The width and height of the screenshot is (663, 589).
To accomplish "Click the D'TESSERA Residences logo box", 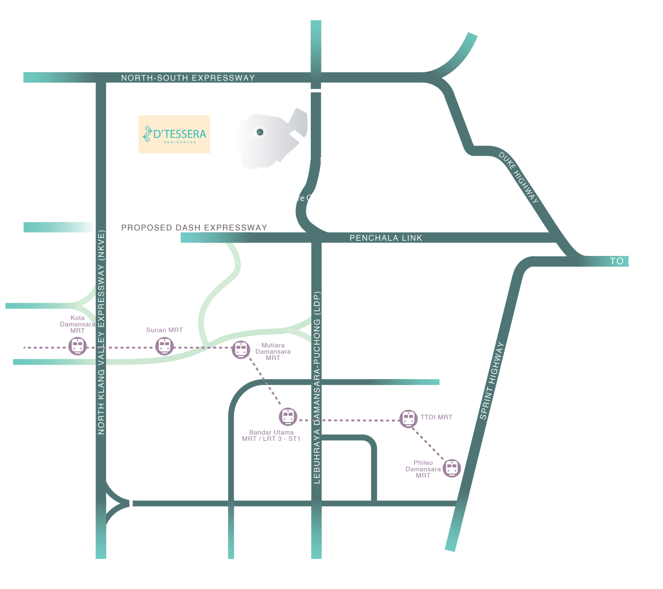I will (x=174, y=134).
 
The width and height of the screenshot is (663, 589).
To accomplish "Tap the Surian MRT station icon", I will (x=164, y=346).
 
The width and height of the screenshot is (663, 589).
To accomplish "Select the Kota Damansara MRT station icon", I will (x=77, y=346).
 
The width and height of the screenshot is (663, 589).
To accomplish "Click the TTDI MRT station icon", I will (x=408, y=418).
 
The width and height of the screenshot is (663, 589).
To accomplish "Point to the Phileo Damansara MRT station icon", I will (x=452, y=468).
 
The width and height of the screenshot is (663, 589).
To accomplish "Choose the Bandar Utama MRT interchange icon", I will (x=288, y=417).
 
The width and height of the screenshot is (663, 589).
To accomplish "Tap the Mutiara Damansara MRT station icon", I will (x=241, y=350).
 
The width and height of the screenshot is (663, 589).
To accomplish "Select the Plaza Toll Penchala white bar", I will (x=315, y=91).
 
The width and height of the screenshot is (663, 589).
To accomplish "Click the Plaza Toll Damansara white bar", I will (x=131, y=504).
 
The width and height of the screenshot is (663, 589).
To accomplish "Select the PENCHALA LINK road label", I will (x=386, y=238).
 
